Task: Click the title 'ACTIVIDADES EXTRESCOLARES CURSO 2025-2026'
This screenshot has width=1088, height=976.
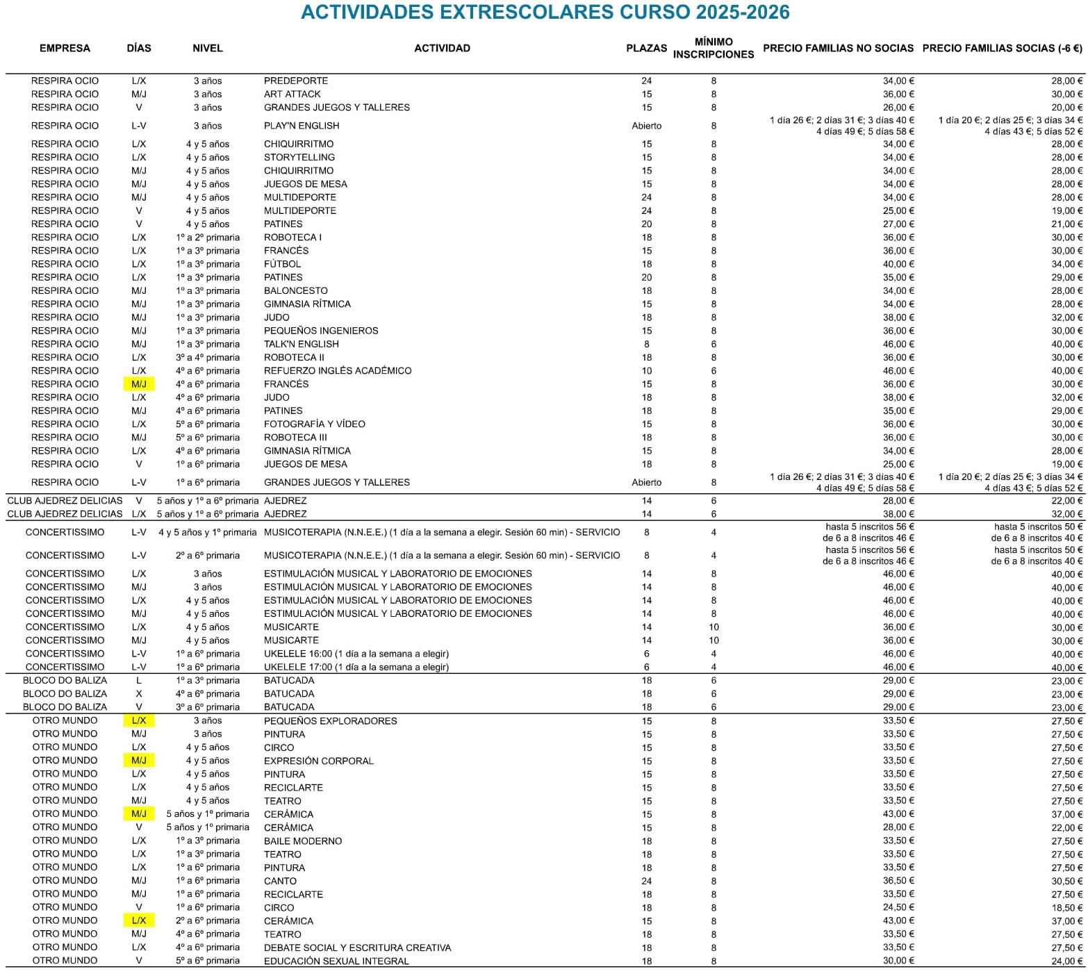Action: (545, 13)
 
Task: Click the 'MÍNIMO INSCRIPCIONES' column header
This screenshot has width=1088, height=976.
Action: (713, 48)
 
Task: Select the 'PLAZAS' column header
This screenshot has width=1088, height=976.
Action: (646, 48)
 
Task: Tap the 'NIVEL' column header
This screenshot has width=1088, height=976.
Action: (208, 48)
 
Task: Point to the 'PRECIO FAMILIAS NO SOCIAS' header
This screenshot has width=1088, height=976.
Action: (838, 48)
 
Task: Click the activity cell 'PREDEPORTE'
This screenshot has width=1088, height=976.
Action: (296, 81)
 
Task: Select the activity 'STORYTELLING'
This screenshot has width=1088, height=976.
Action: (299, 157)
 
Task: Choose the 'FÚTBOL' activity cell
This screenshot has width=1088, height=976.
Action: (282, 264)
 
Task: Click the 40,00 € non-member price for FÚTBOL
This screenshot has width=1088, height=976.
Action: (898, 264)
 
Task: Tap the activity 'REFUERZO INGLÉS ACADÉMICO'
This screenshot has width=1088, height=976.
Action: (338, 370)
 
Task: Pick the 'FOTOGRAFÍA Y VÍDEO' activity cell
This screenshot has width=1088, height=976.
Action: (314, 424)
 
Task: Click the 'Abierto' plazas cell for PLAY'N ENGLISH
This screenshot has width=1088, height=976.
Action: (646, 126)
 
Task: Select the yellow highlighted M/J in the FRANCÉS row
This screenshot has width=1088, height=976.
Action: (139, 384)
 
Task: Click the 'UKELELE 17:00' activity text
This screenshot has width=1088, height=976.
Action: (356, 667)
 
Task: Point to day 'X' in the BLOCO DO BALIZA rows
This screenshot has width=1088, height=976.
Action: (139, 693)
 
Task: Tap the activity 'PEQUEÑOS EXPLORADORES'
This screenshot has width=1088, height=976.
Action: (330, 720)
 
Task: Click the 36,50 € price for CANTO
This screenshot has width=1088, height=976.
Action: (898, 881)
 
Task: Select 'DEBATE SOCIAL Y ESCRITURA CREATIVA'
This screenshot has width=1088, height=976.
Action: (357, 948)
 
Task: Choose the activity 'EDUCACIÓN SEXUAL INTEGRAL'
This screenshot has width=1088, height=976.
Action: (336, 961)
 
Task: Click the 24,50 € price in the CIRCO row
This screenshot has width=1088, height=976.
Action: (898, 907)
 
